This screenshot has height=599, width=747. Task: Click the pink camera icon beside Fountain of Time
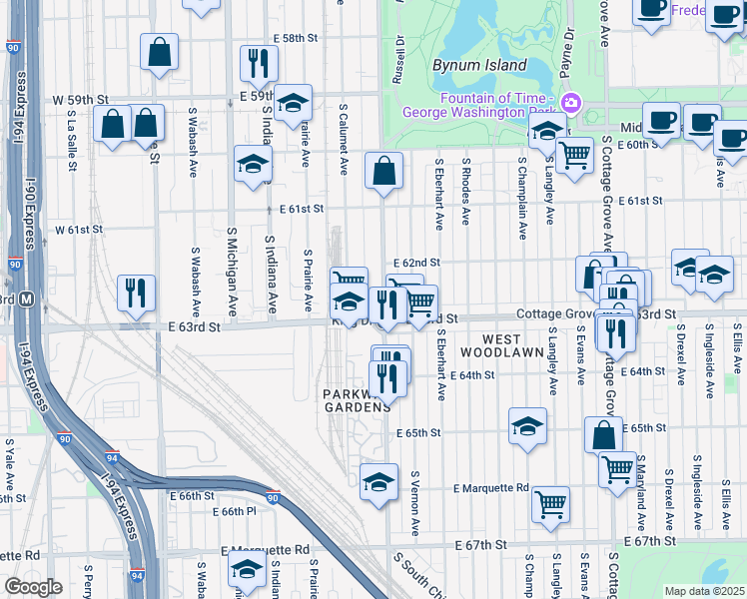pyautogui.click(x=570, y=103)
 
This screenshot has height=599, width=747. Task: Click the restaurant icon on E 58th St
pyautogui.click(x=259, y=63)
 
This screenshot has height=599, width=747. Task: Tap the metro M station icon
pyautogui.click(x=27, y=299)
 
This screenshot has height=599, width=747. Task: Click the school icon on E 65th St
pyautogui.click(x=527, y=426)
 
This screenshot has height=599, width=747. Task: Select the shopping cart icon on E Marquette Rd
pyautogui.click(x=550, y=505)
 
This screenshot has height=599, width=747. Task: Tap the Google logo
pyautogui.click(x=34, y=587)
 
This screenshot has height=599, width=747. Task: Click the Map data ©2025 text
pyautogui.click(x=704, y=591)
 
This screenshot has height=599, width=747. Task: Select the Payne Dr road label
pyautogui.click(x=569, y=45)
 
